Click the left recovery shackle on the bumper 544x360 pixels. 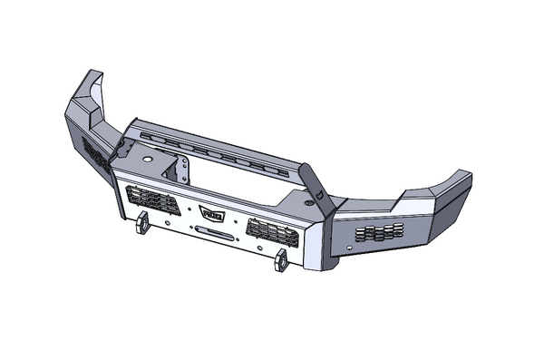tap(142, 224)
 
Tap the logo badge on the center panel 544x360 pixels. tap(213, 214)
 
